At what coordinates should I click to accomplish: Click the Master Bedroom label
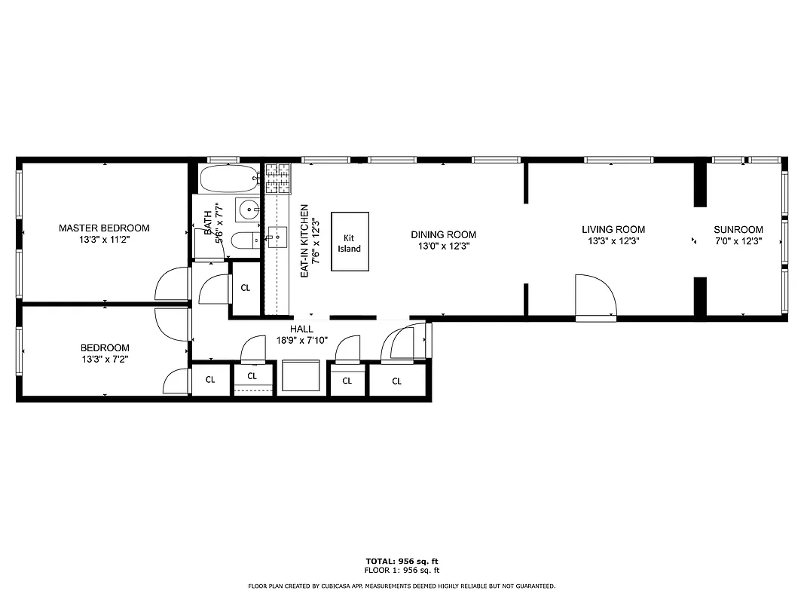pos(104,228)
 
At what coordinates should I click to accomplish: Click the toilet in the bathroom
pos(244,240)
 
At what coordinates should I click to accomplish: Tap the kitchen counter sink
pos(276,237)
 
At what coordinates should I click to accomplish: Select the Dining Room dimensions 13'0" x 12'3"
pos(443,246)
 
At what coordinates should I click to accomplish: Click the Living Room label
pos(613,229)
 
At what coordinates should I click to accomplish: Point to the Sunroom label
pos(738,229)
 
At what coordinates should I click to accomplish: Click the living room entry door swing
pos(596,297)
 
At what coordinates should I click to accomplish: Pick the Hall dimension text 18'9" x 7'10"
pos(301,339)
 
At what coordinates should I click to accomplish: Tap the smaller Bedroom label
pos(105,347)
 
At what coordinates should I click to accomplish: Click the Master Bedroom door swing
pos(172,285)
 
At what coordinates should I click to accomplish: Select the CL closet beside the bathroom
pos(246,287)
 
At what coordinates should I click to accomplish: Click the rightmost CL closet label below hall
pos(397,381)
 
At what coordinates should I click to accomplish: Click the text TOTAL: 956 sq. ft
pos(402,562)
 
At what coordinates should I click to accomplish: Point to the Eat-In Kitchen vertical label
pos(304,240)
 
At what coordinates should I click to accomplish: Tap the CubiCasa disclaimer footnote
pos(402,586)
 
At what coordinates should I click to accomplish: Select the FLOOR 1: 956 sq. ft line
pos(402,571)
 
